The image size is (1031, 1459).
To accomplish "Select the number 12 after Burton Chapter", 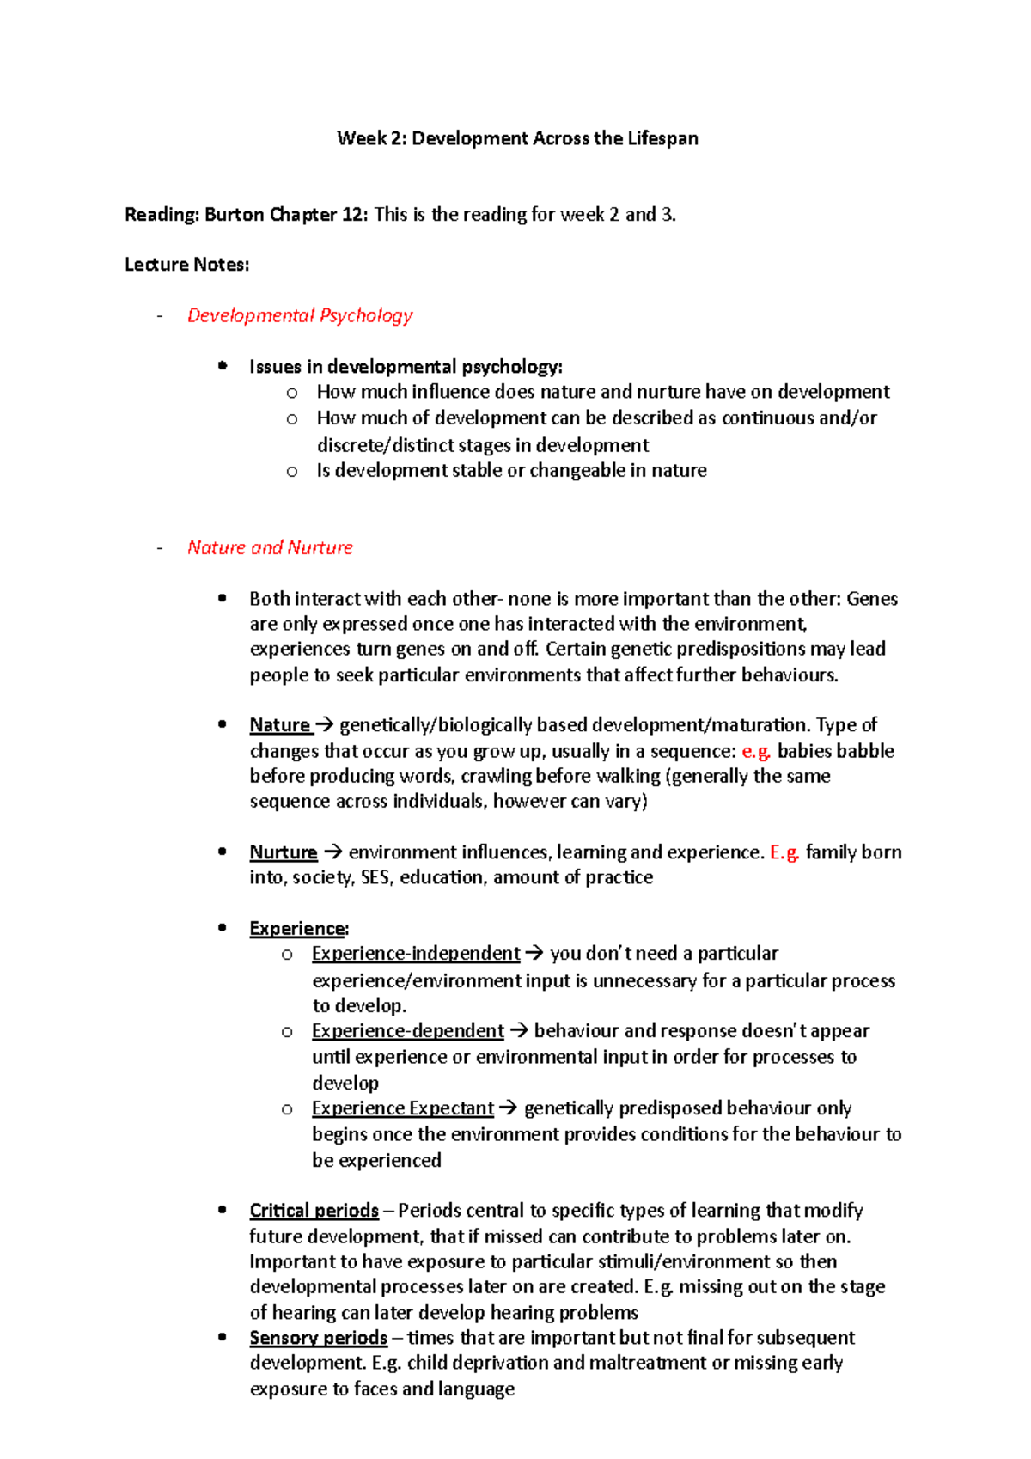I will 352,215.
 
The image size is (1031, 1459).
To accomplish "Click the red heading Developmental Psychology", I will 300,315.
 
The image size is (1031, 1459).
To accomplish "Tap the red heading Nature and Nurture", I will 270,547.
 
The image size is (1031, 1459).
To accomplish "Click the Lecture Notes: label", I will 186,265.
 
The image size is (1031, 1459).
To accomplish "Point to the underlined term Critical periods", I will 314,1211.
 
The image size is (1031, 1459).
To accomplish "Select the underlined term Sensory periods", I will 318,1338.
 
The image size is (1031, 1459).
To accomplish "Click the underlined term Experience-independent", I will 416,954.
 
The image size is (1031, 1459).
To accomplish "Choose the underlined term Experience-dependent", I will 407,1031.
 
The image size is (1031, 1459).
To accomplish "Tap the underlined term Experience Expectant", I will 402,1108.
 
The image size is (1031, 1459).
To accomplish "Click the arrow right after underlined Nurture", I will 333,852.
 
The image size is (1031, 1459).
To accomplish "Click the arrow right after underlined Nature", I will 325,725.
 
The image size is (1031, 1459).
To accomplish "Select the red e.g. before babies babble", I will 756,751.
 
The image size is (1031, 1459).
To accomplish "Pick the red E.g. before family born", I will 784,852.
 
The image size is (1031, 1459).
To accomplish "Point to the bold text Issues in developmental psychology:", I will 406,367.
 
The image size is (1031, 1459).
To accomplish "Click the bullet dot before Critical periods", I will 223,1210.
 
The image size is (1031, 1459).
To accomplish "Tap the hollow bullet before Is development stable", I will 292,471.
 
